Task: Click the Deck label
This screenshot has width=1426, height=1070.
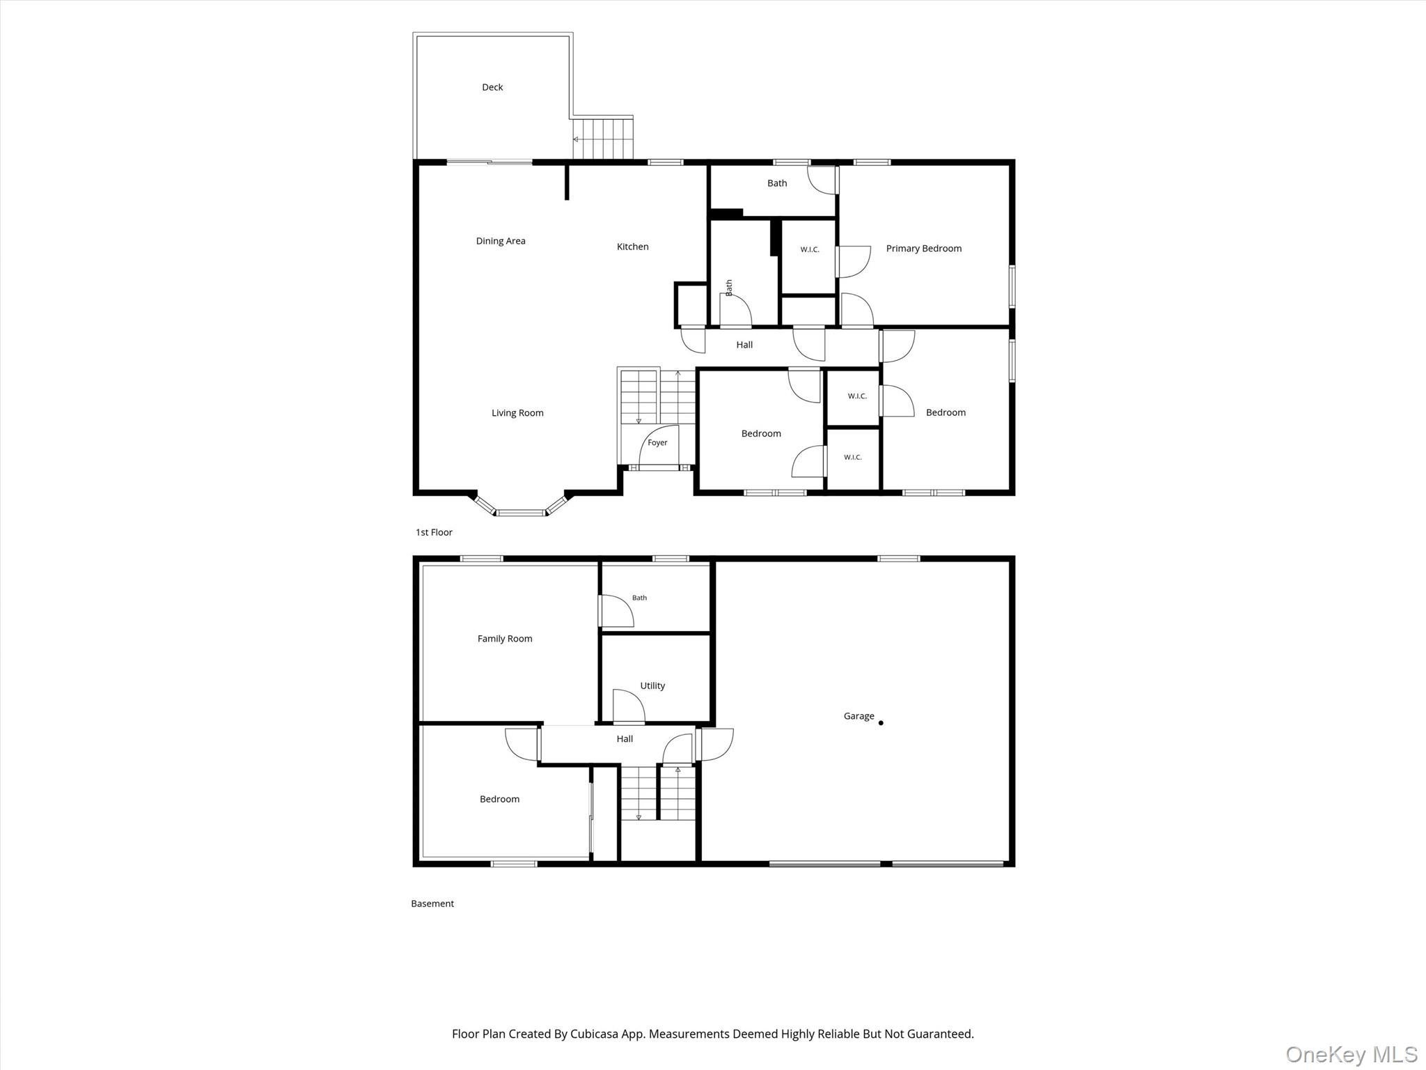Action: (x=492, y=87)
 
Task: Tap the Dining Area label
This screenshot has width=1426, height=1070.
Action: (x=501, y=241)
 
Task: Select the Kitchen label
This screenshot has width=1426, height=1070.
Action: (x=632, y=247)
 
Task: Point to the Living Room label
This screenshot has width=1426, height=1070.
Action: (x=517, y=413)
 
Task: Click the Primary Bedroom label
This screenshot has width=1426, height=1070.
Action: (x=923, y=249)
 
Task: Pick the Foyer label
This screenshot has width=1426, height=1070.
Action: (x=657, y=443)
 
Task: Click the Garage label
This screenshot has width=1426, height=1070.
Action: (x=859, y=716)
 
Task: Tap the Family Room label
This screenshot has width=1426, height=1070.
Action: (x=505, y=639)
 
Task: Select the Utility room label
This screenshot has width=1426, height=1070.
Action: (x=652, y=686)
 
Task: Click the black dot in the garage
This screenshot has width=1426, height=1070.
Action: (x=881, y=723)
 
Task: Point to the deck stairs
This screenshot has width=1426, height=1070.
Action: (x=603, y=139)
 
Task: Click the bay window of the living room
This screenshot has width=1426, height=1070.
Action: (x=521, y=506)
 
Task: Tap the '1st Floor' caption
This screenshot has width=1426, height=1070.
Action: (x=434, y=532)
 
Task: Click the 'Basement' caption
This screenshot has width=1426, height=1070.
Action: (x=432, y=904)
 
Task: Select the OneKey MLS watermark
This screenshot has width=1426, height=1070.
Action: (x=1351, y=1055)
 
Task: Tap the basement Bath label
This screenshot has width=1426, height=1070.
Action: (x=639, y=598)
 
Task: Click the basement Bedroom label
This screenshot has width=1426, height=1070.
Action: (x=499, y=799)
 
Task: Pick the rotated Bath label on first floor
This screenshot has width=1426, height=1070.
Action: (x=729, y=288)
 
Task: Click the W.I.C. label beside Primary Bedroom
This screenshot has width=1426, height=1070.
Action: (x=810, y=249)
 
